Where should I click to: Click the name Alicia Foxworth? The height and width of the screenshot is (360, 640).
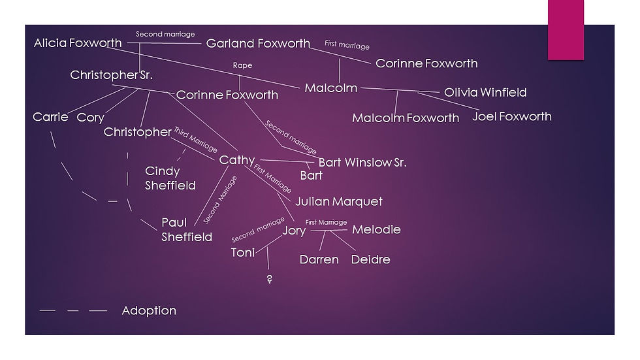pyautogui.click(x=78, y=43)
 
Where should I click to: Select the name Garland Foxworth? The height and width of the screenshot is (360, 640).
pyautogui.click(x=258, y=43)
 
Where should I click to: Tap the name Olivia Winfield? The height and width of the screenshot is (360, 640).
pyautogui.click(x=485, y=92)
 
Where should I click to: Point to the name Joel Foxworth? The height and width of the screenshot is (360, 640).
pyautogui.click(x=512, y=116)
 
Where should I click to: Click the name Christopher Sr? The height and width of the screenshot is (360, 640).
pyautogui.click(x=112, y=75)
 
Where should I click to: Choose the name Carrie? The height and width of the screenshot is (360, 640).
pyautogui.click(x=50, y=117)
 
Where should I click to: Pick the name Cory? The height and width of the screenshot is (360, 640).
pyautogui.click(x=91, y=118)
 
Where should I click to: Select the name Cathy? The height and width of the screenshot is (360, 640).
pyautogui.click(x=236, y=160)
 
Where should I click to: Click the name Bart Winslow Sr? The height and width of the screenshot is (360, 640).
pyautogui.click(x=362, y=163)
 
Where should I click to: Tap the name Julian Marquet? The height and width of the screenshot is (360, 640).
pyautogui.click(x=339, y=201)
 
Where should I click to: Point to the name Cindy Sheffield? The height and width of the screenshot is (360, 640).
pyautogui.click(x=170, y=178)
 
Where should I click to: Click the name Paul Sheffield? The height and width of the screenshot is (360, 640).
pyautogui.click(x=187, y=229)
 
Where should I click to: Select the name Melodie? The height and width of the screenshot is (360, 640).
pyautogui.click(x=376, y=229)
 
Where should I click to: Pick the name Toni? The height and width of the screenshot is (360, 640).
pyautogui.click(x=242, y=253)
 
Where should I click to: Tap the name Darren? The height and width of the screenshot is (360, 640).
pyautogui.click(x=319, y=259)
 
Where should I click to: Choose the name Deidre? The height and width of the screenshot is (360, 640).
pyautogui.click(x=371, y=259)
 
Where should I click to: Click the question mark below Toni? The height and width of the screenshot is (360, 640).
pyautogui.click(x=269, y=279)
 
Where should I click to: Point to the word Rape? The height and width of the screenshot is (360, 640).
pyautogui.click(x=242, y=65)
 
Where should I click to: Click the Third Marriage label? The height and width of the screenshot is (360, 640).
pyautogui.click(x=195, y=139)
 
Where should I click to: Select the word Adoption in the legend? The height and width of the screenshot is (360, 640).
pyautogui.click(x=149, y=310)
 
